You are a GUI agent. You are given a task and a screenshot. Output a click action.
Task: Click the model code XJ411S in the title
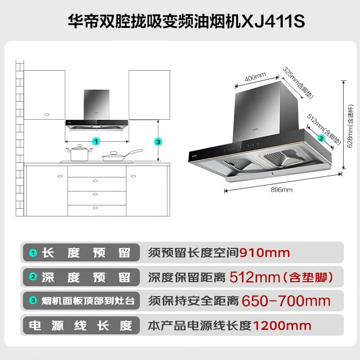click(x=272, y=21)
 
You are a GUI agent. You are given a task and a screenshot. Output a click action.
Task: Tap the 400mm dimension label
click(x=255, y=77)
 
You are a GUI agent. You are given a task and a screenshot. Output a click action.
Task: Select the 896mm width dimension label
click(x=282, y=190)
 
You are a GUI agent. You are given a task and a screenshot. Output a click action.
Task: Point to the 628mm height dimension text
click(x=351, y=126)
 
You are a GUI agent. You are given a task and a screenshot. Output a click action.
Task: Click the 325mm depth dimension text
click(x=298, y=83)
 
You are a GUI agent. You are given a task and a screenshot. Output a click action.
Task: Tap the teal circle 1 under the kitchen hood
click(x=96, y=141)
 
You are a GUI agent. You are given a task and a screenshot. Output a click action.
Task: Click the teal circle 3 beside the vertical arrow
click(x=158, y=142)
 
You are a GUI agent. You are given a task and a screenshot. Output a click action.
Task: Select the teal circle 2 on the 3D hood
click(x=321, y=138)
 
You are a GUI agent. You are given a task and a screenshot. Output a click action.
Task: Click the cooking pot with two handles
click(x=79, y=153)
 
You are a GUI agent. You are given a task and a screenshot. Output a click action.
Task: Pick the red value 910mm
click(x=265, y=253)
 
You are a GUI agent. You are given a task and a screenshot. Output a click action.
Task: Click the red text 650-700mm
click(x=286, y=301)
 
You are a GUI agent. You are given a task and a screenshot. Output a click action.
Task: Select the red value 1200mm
click(x=282, y=325)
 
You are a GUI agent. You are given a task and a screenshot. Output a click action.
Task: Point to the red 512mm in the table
click(x=255, y=277)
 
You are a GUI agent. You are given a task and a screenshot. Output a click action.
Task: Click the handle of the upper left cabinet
click(x=47, y=114)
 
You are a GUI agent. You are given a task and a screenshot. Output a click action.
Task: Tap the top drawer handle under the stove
click(x=95, y=181)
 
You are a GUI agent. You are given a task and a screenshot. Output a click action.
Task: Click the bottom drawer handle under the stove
click(x=95, y=208)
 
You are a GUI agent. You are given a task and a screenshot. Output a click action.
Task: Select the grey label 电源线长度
click(x=81, y=325)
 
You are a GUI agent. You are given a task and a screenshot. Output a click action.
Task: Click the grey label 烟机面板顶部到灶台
click(x=88, y=301)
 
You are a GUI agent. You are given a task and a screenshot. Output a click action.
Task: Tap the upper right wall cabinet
click(x=149, y=95)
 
